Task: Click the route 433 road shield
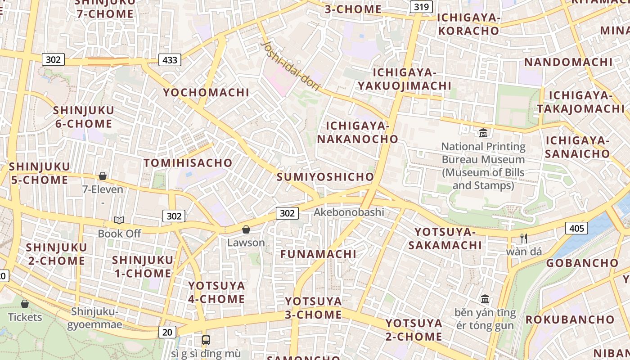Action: pos(170,60)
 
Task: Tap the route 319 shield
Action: pos(421,7)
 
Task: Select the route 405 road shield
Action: pos(576,229)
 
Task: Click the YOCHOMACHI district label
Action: pos(206,93)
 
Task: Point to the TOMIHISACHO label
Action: pos(188,163)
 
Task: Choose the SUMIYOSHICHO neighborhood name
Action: pos(325,177)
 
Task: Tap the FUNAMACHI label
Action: pos(318,254)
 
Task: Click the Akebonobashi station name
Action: pos(349,212)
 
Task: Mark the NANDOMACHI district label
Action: pos(568,62)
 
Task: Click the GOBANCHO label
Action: pos(582,263)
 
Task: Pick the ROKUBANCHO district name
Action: pos(570,320)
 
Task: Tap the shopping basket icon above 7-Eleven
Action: pos(103,176)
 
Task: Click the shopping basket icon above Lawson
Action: pos(246,230)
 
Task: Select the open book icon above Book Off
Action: pos(119,220)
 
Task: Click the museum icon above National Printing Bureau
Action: pos(483,133)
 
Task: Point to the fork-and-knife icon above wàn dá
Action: pos(523,238)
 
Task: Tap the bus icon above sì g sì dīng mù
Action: pos(206,340)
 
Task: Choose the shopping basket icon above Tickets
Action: pos(25,304)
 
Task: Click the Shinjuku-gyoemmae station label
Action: pos(94,318)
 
